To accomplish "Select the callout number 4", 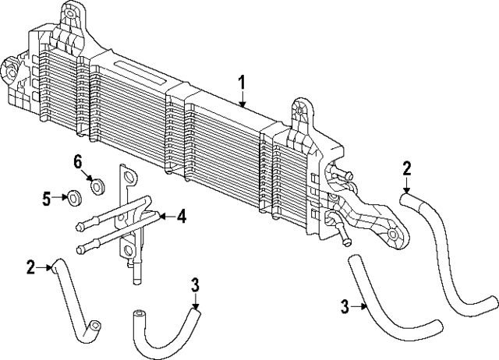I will pyautogui.click(x=181, y=216).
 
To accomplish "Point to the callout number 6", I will pyautogui.click(x=78, y=162).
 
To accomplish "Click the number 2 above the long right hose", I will pyautogui.click(x=406, y=168).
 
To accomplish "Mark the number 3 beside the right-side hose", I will pyautogui.click(x=343, y=308).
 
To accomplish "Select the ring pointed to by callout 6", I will pyautogui.click(x=98, y=186).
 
